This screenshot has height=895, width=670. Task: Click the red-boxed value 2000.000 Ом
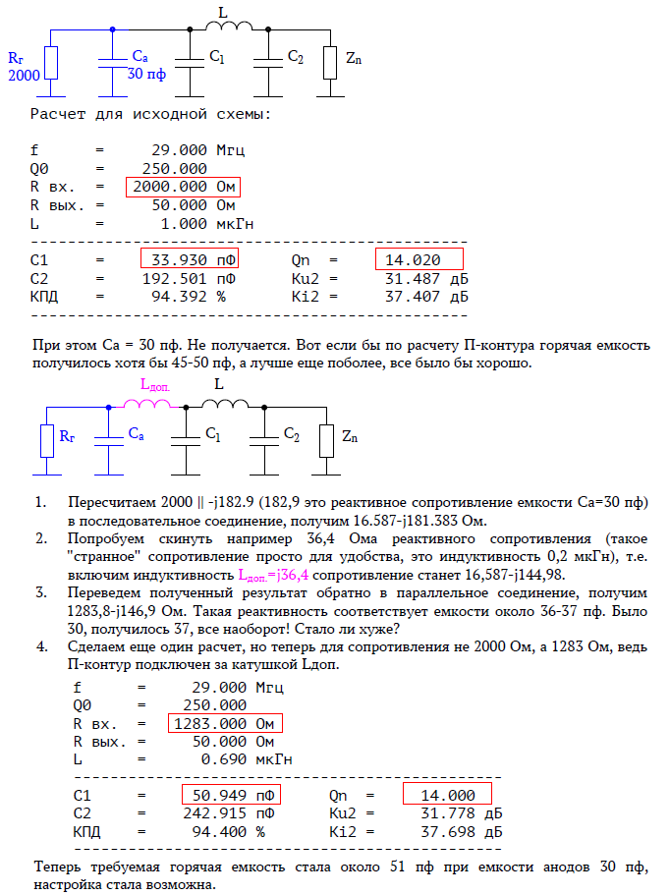point(183,187)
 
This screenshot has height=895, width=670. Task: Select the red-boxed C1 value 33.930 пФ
point(190,260)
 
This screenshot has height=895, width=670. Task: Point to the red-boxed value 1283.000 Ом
point(224,723)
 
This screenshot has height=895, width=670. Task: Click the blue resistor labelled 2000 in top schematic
point(52,63)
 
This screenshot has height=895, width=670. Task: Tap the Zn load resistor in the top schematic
point(330,62)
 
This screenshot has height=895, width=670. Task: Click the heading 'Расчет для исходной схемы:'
point(150,114)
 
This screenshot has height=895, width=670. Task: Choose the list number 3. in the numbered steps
point(40,593)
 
